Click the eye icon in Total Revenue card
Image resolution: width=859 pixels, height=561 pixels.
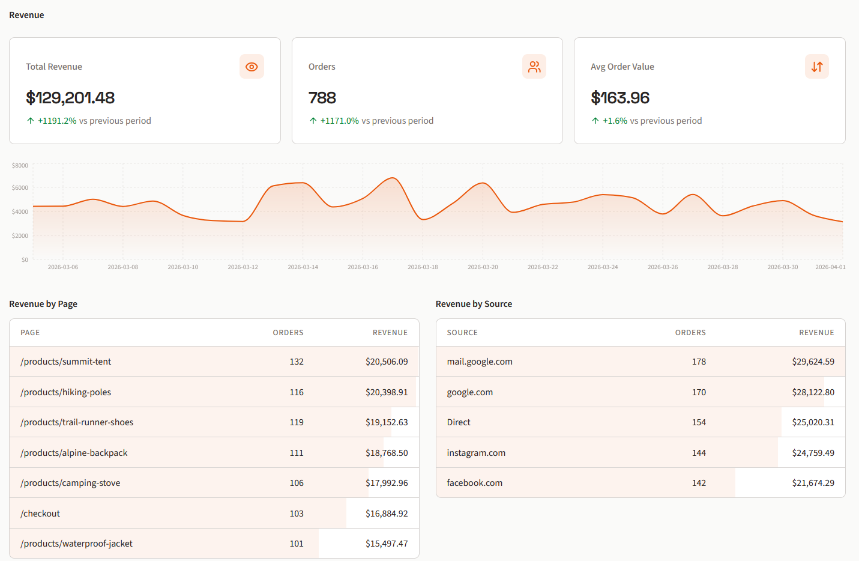(252, 67)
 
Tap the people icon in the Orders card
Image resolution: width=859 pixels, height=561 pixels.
(534, 67)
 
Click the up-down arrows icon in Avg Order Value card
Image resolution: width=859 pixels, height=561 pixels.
(816, 67)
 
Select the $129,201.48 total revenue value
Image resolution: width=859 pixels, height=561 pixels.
(70, 97)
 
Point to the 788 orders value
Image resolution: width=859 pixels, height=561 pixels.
(322, 97)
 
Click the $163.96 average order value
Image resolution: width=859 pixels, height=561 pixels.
(620, 97)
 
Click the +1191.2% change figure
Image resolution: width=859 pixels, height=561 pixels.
(57, 121)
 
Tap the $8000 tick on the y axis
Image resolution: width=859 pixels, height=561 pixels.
(20, 165)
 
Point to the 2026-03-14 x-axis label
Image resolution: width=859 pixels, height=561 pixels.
(303, 267)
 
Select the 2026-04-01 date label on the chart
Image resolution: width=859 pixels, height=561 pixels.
(830, 267)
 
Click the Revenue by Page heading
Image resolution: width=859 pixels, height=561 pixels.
(43, 304)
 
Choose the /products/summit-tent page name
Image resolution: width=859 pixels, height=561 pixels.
(66, 362)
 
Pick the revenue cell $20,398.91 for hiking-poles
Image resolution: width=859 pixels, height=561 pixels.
(387, 392)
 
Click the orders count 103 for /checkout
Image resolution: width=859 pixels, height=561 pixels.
(297, 514)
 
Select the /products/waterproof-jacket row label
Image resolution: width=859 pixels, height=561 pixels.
(77, 544)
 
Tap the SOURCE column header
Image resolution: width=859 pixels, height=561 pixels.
(462, 333)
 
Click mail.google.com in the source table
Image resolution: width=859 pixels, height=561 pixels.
(480, 362)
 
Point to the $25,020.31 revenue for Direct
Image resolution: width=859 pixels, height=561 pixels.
(813, 422)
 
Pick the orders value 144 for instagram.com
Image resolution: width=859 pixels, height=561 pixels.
(699, 453)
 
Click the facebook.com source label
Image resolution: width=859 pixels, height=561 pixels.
(475, 483)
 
